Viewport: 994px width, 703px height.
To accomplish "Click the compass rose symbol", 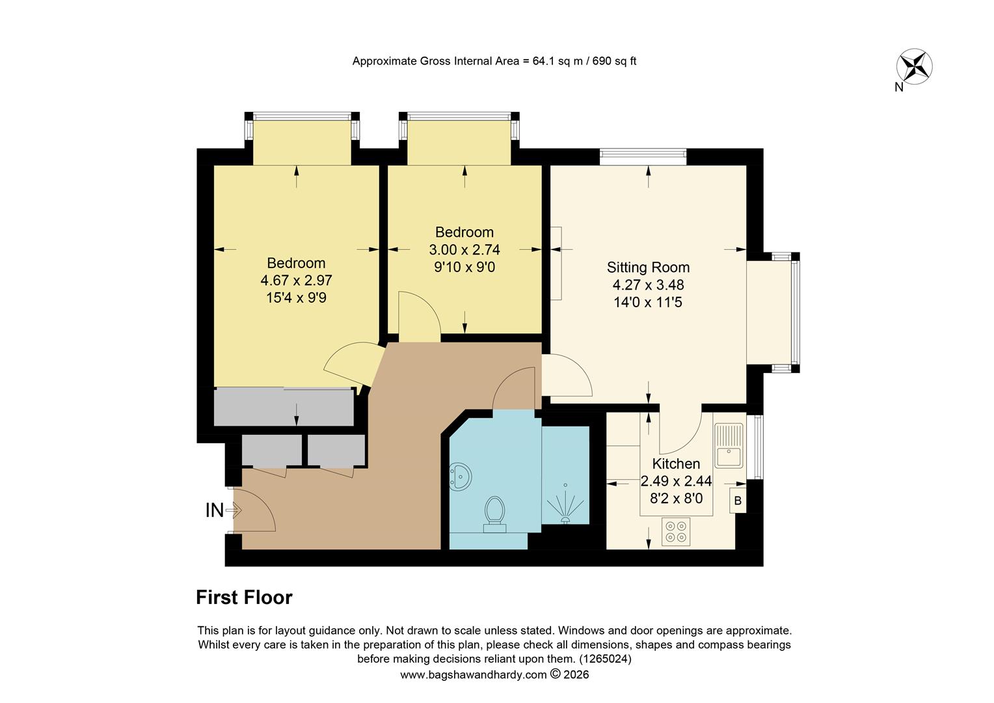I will (x=915, y=66).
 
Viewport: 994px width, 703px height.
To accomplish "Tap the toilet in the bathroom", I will (x=496, y=514).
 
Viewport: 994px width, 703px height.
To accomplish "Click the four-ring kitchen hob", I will (x=676, y=531).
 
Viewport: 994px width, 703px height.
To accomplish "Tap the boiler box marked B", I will (x=738, y=501).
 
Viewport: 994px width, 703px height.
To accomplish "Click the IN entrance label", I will (x=215, y=511).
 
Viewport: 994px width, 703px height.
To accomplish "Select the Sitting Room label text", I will (x=648, y=267).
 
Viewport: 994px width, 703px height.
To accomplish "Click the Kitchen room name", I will (x=676, y=463).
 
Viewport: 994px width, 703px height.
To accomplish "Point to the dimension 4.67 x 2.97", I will (x=296, y=281).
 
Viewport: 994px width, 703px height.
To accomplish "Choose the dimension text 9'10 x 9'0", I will (x=464, y=267).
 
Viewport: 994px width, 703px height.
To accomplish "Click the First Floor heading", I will (x=244, y=598).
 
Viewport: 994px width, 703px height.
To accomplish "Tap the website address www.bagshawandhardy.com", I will (x=473, y=675).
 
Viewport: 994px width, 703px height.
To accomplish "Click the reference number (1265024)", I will (x=605, y=659).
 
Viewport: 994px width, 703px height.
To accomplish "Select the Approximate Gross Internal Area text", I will (x=494, y=61).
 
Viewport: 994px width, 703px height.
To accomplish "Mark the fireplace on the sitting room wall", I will (x=556, y=263).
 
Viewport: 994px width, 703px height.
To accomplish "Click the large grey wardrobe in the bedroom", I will (x=284, y=407).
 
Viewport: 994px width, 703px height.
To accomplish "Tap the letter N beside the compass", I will (x=898, y=88).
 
